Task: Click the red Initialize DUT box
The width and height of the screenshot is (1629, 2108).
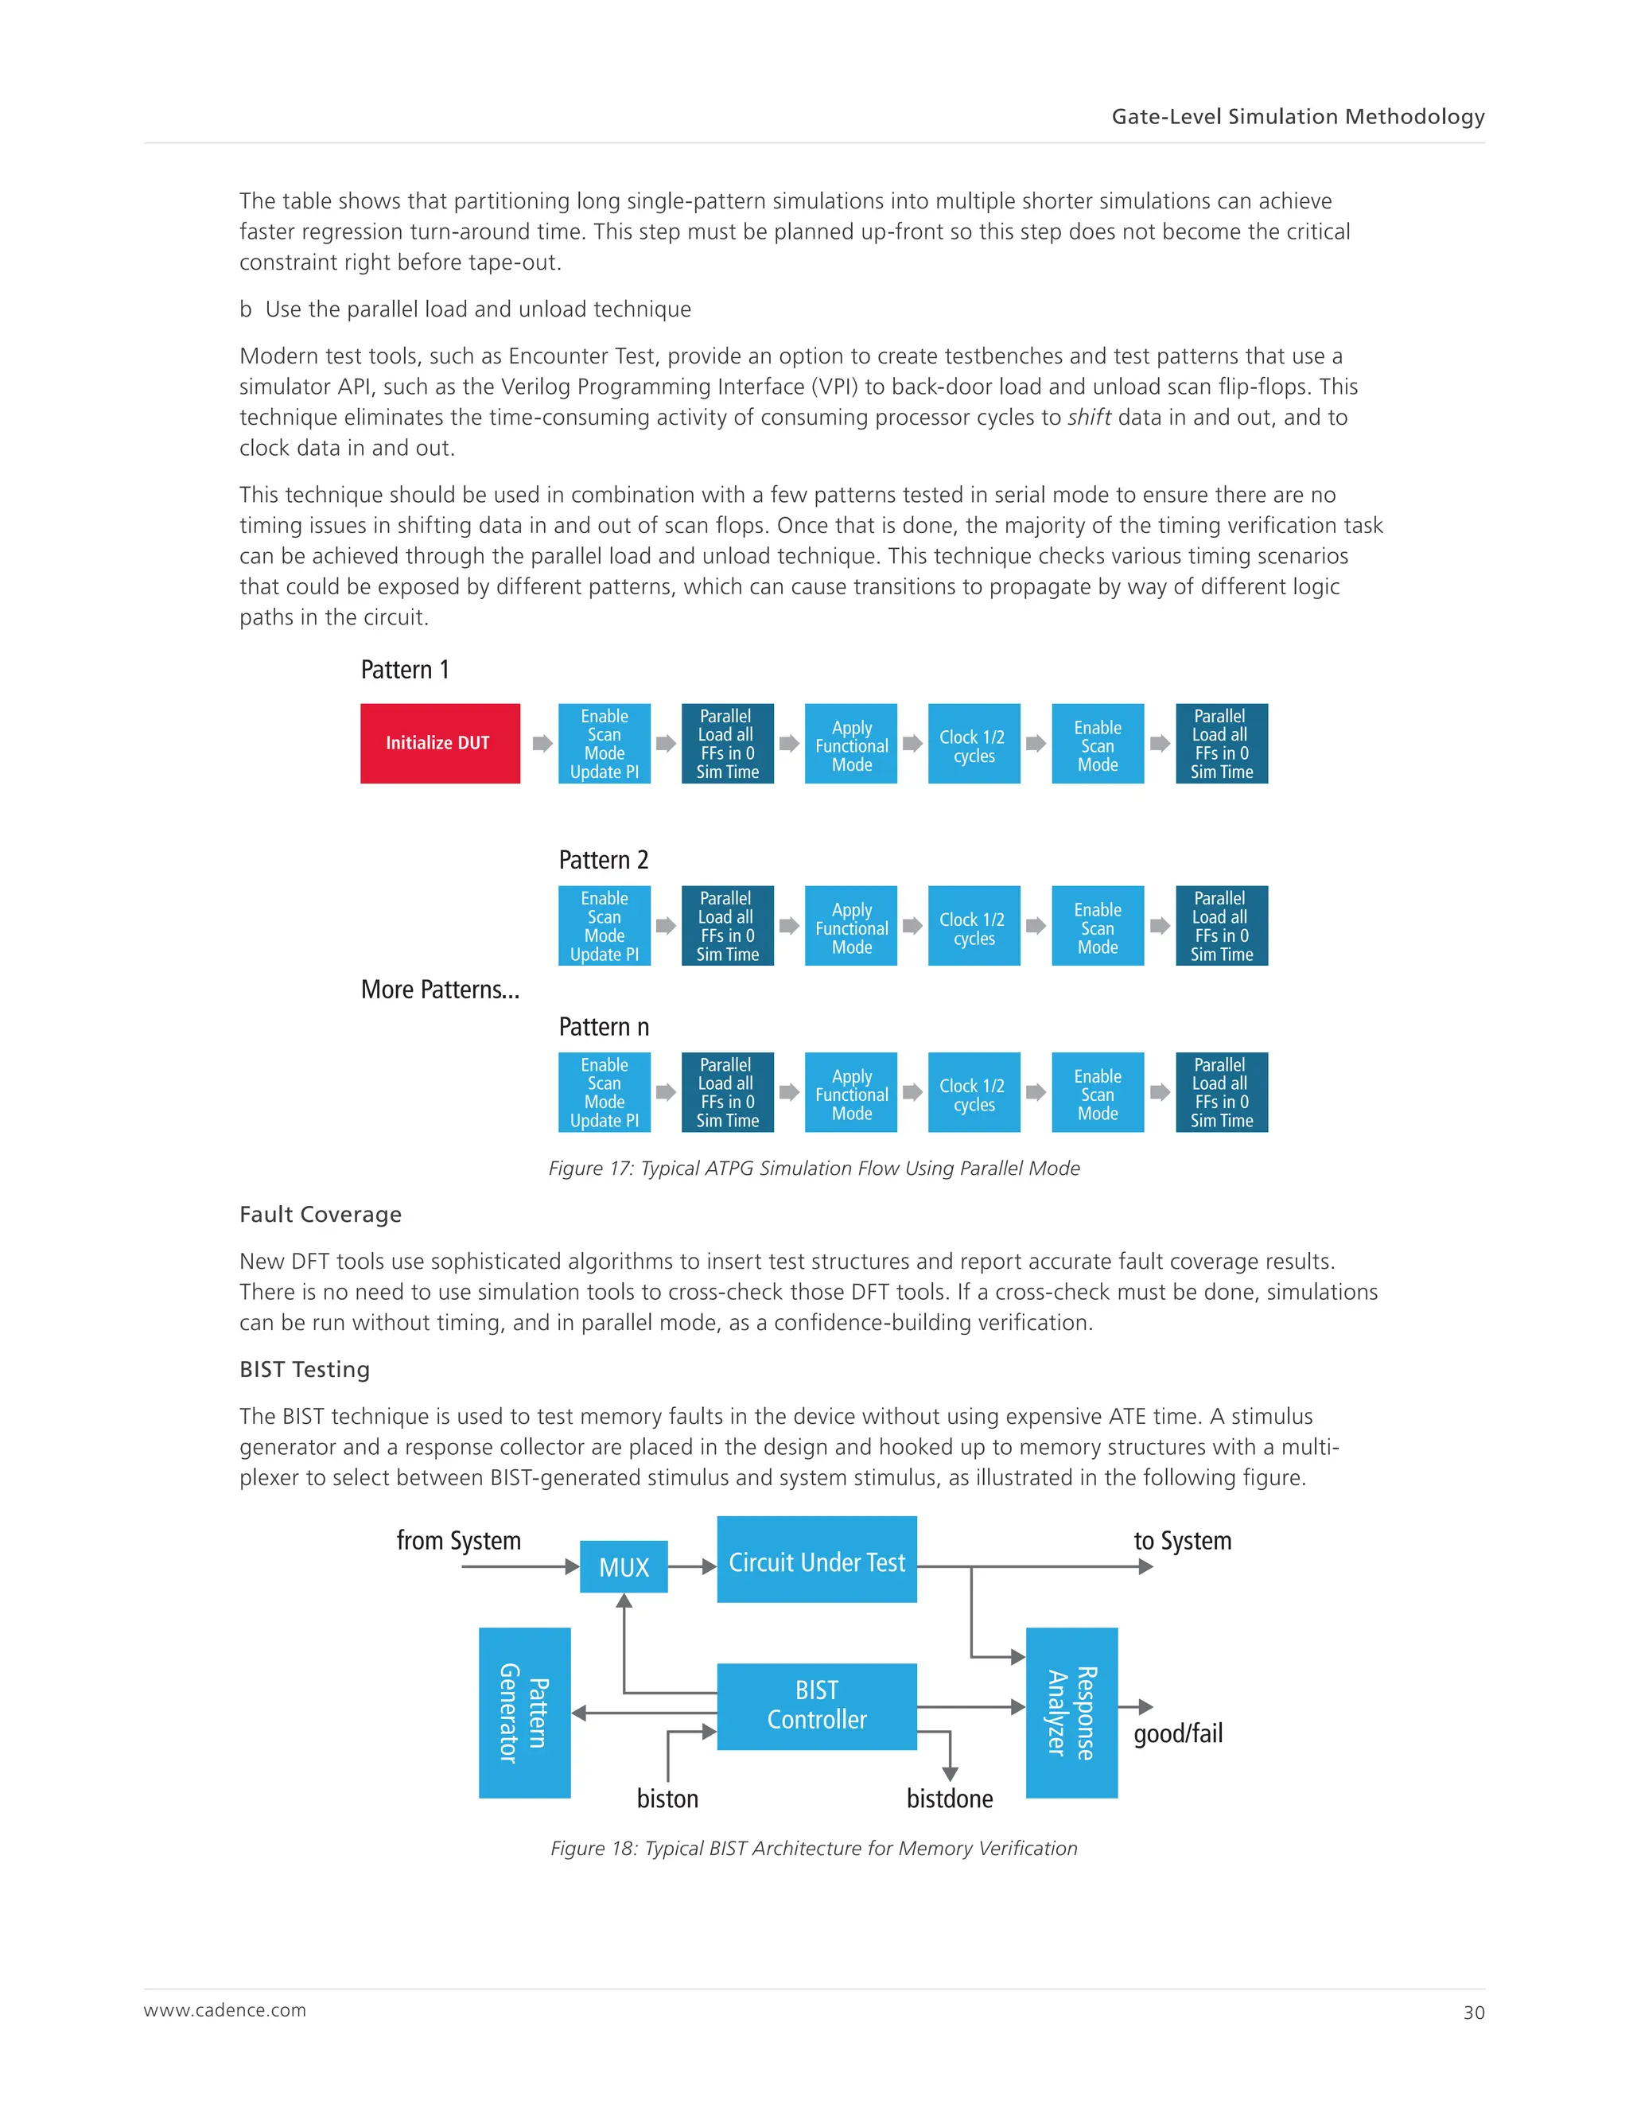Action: pyautogui.click(x=440, y=743)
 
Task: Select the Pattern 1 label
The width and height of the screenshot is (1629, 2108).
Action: pyautogui.click(x=404, y=670)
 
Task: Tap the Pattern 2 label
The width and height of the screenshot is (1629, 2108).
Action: pyautogui.click(x=603, y=860)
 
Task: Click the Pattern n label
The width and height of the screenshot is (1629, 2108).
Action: pyautogui.click(x=603, y=1027)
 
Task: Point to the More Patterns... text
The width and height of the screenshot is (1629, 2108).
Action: pyautogui.click(x=440, y=990)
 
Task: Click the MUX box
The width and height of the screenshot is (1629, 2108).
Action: pyautogui.click(x=624, y=1568)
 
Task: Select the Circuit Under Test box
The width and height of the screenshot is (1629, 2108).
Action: pyautogui.click(x=816, y=1562)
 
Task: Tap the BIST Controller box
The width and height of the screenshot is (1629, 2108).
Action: pyautogui.click(x=816, y=1705)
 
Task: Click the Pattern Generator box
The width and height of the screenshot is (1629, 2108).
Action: pyautogui.click(x=524, y=1713)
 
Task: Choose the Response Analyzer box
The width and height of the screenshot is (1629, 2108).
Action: pyautogui.click(x=1071, y=1713)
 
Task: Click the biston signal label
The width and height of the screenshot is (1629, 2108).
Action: pyautogui.click(x=667, y=1799)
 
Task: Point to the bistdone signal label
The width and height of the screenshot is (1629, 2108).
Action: pyautogui.click(x=950, y=1799)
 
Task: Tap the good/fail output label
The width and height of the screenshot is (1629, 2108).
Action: pyautogui.click(x=1177, y=1733)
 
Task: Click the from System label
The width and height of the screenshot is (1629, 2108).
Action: pyautogui.click(x=458, y=1541)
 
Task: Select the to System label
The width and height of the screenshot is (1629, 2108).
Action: pyautogui.click(x=1182, y=1541)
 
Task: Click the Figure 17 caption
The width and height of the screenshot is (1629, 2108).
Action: pyautogui.click(x=814, y=1168)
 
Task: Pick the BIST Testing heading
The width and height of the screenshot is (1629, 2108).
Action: pyautogui.click(x=305, y=1370)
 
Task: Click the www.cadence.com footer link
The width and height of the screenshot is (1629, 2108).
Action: pyautogui.click(x=225, y=2010)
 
